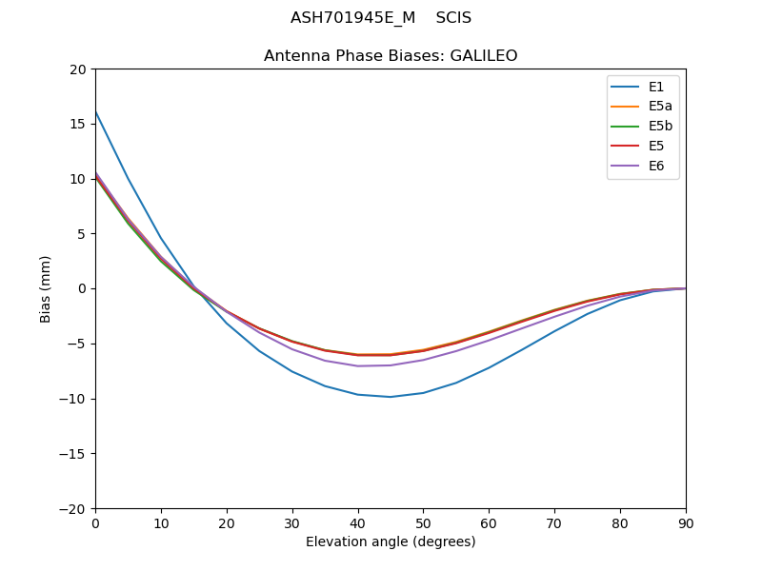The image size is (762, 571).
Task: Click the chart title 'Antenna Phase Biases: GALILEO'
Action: click(391, 56)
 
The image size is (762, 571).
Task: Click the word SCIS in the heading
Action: click(453, 18)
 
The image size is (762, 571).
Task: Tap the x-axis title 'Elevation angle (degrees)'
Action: click(391, 541)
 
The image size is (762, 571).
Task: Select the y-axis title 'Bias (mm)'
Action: click(46, 288)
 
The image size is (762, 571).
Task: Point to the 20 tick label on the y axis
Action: click(78, 69)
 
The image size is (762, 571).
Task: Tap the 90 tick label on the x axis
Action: click(686, 522)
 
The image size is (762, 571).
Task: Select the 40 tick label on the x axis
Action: click(357, 522)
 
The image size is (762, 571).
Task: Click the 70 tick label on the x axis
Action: click(554, 522)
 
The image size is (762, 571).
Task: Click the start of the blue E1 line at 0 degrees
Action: click(96, 112)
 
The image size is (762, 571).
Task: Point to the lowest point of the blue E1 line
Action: click(391, 397)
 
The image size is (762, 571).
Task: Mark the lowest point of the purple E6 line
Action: click(358, 366)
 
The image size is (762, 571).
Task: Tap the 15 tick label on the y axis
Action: click(78, 124)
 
